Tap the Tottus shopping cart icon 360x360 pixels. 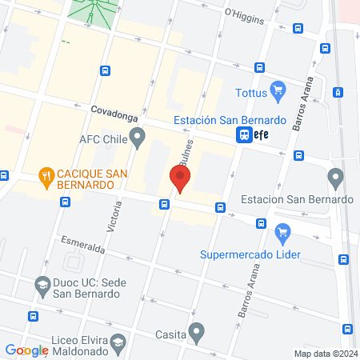point(278,88)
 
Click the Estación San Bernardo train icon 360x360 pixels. point(242,135)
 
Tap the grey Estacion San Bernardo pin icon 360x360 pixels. point(335,176)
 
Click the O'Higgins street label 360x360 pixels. point(244,14)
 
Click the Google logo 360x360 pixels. point(26,350)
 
